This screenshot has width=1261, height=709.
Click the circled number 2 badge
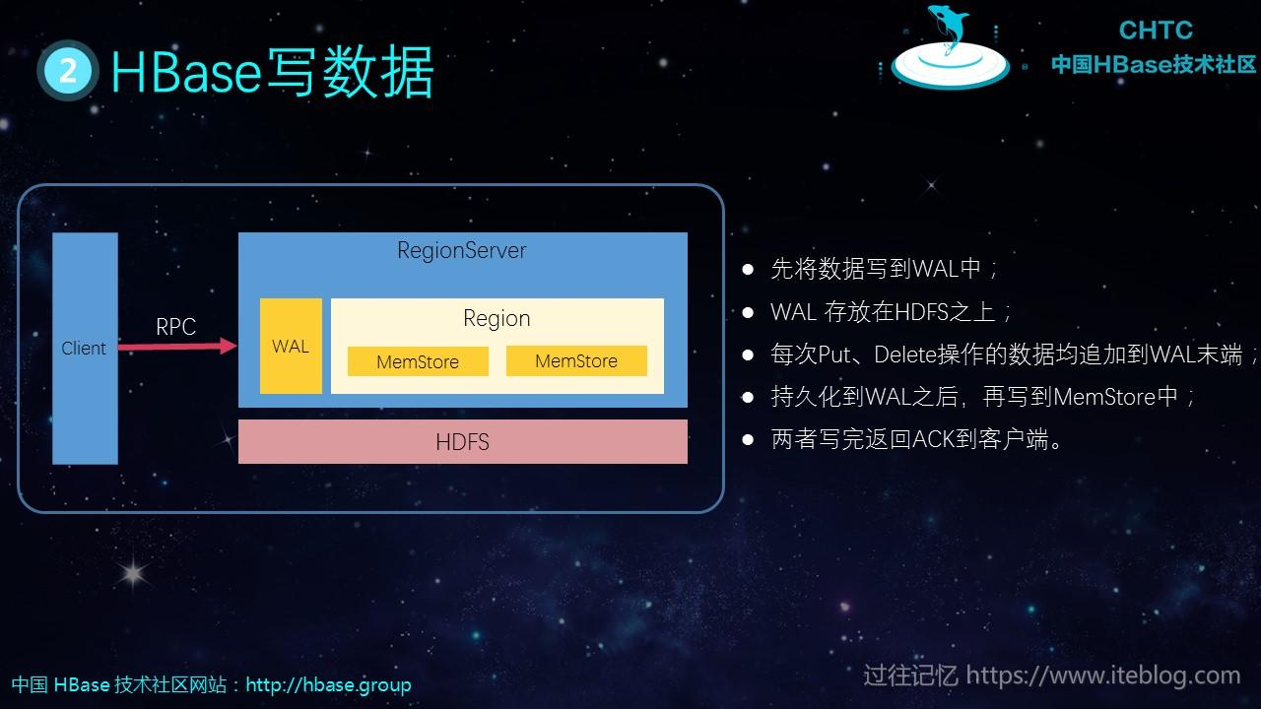click(x=68, y=71)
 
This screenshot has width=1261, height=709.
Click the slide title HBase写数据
click(x=272, y=71)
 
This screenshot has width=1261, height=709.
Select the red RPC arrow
click(x=177, y=347)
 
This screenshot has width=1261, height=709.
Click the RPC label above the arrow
click(x=175, y=327)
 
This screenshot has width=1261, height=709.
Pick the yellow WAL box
click(x=291, y=347)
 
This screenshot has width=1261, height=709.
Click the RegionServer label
click(x=461, y=250)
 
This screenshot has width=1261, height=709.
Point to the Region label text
click(x=497, y=318)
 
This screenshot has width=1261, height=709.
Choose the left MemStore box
click(x=418, y=361)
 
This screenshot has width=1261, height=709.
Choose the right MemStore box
click(x=576, y=360)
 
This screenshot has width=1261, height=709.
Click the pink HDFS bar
click(x=462, y=442)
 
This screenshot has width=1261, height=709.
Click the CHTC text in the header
click(x=1156, y=31)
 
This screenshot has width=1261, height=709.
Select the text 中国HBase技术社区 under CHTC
click(x=1154, y=65)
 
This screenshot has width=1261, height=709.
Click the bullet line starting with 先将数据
click(x=885, y=269)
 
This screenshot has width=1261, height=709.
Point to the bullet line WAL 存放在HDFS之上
click(x=892, y=312)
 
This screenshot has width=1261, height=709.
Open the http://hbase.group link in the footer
click(x=328, y=684)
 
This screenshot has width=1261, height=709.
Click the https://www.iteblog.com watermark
click(x=1102, y=676)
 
